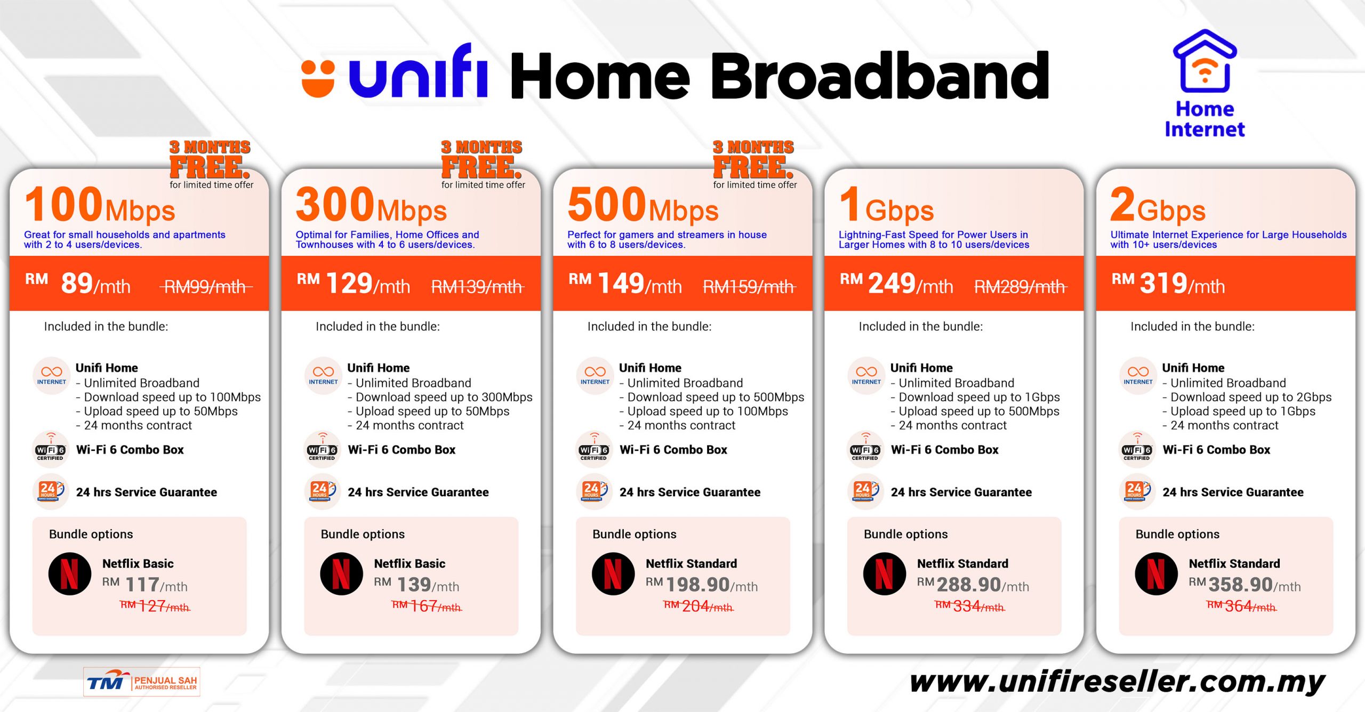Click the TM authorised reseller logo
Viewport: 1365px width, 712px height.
(x=142, y=682)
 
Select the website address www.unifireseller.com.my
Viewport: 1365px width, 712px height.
(x=1117, y=682)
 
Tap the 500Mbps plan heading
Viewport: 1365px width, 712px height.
(x=643, y=206)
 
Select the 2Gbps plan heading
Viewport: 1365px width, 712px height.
(x=1158, y=206)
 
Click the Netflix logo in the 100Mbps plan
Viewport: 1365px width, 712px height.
(x=70, y=574)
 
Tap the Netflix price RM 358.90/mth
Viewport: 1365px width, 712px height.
(x=1244, y=585)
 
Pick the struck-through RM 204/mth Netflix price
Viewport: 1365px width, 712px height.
(x=698, y=606)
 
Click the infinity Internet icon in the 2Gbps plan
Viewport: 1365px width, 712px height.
(x=1138, y=375)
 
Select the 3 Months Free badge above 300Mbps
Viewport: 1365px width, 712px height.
(x=481, y=160)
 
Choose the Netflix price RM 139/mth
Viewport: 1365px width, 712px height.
(x=416, y=585)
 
